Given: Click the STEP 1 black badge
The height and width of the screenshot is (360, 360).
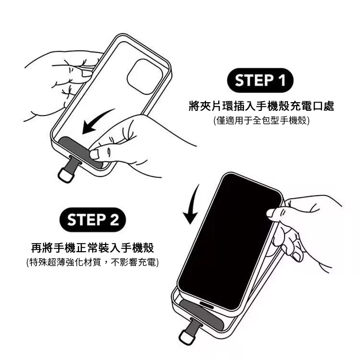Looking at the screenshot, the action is tap(260, 80).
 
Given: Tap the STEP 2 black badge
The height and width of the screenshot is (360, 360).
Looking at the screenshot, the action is tap(93, 220).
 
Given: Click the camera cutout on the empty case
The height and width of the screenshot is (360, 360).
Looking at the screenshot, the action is tap(145, 77).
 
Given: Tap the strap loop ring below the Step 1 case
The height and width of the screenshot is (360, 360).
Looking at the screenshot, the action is tap(65, 176).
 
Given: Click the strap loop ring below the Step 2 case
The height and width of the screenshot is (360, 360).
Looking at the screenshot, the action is tap(186, 337).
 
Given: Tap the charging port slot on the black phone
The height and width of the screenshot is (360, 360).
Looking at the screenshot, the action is tap(207, 305).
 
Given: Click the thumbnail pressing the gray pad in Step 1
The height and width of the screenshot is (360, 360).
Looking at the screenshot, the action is tap(95, 154).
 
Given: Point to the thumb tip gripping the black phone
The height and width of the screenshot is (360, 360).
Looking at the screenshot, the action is tap(271, 213).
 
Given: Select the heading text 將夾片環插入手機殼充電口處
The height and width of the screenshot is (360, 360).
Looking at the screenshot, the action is tap(261, 106).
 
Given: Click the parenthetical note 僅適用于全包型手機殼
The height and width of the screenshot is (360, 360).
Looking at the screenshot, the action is tap(261, 120).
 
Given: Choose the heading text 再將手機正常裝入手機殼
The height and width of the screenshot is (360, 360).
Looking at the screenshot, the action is tap(93, 247).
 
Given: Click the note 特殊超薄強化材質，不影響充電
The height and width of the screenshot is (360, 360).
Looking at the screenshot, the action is tap(93, 262).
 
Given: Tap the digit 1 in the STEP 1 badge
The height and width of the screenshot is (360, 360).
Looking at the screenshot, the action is tap(281, 80).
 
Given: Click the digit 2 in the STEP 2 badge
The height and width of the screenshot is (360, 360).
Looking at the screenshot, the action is tap(114, 220).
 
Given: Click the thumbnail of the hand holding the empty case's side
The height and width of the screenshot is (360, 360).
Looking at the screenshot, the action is tap(87, 74).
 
